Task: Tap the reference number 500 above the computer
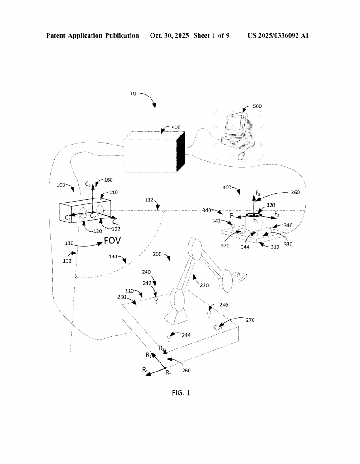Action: click(x=257, y=106)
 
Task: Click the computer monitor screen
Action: click(x=236, y=122)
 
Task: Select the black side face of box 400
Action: click(x=181, y=152)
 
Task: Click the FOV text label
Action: click(x=112, y=241)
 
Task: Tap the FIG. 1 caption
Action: click(x=181, y=392)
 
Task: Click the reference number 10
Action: click(x=133, y=94)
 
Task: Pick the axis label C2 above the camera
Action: click(x=88, y=185)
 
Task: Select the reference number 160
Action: click(x=108, y=180)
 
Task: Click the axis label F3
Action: click(x=258, y=194)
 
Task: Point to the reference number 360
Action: click(x=295, y=192)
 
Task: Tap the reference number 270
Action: click(x=250, y=320)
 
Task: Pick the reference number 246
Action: click(x=224, y=305)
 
